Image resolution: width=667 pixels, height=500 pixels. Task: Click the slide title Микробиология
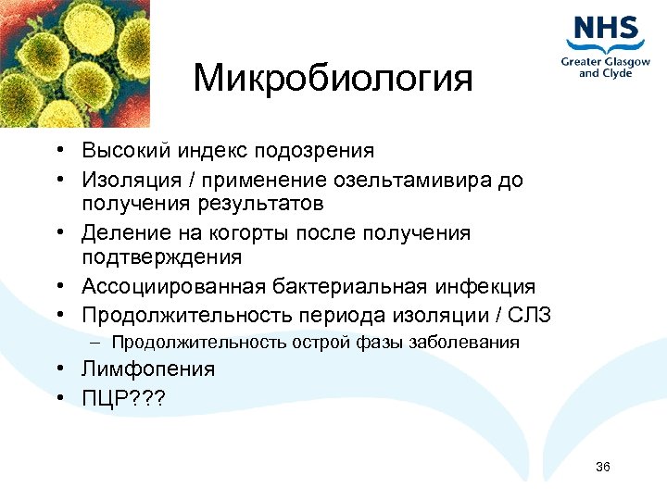click(x=333, y=79)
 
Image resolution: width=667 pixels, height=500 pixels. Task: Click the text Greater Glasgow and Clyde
click(x=605, y=68)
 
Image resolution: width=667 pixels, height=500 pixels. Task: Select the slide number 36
click(x=603, y=467)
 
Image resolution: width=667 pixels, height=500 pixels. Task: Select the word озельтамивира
click(x=401, y=179)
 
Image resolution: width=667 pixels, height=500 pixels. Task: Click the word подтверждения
click(x=161, y=256)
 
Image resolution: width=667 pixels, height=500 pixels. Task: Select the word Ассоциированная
click(x=172, y=287)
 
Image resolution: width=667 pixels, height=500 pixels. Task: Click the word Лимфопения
click(x=147, y=369)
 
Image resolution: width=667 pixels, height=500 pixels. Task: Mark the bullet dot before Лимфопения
click(x=57, y=370)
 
